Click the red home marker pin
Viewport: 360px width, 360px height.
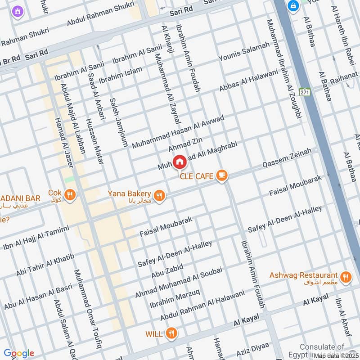click(x=179, y=161)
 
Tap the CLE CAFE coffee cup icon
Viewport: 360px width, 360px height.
click(x=221, y=176)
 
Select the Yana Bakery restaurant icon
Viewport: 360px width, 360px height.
click(x=159, y=195)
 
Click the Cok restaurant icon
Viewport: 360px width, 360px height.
click(x=70, y=195)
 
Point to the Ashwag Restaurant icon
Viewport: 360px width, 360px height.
click(x=346, y=277)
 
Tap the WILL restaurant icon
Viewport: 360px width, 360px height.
click(x=171, y=333)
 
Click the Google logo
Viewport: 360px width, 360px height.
click(x=18, y=353)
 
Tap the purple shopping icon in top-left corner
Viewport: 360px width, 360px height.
click(x=18, y=10)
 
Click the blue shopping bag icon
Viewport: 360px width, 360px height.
click(x=293, y=6)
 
